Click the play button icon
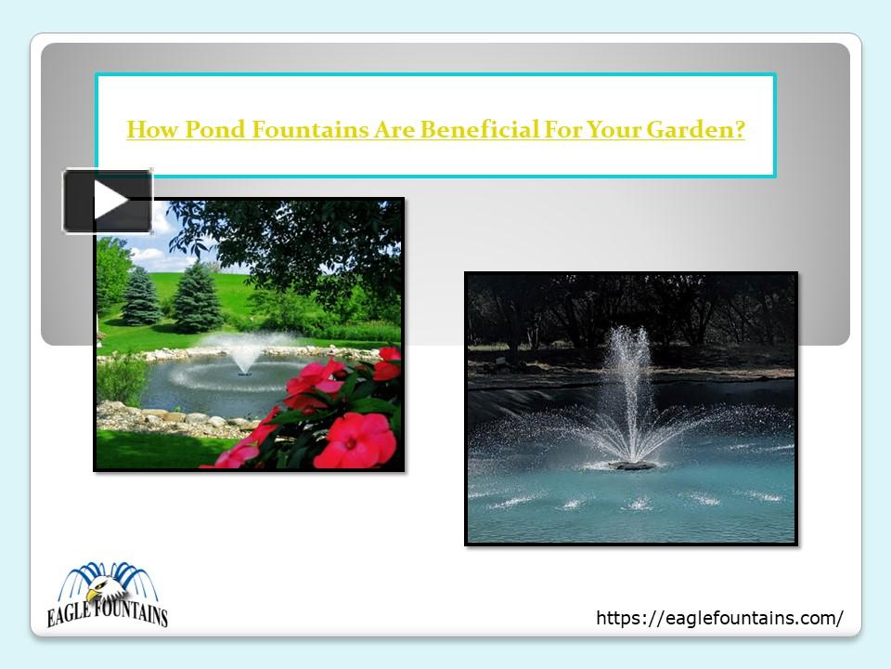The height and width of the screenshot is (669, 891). coord(108,201)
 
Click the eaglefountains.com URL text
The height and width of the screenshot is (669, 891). coord(719,618)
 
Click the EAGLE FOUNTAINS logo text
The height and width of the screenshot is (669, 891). coord(108,615)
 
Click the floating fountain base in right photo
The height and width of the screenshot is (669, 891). coord(631,464)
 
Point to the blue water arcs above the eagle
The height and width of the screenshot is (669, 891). coord(108,574)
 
